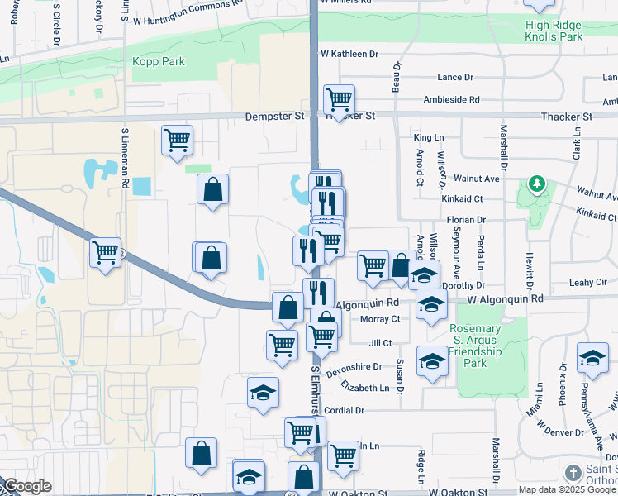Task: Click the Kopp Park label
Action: (159, 62)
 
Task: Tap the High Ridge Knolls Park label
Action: (554, 31)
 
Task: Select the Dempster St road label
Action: (274, 117)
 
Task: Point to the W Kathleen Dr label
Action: (349, 54)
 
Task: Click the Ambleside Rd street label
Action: (451, 100)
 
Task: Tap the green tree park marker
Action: (537, 182)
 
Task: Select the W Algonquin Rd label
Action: (505, 298)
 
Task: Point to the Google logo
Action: (26, 486)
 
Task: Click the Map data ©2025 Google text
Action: (567, 489)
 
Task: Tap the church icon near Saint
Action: (573, 473)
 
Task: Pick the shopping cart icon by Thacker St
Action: (339, 100)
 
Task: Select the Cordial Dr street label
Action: (344, 410)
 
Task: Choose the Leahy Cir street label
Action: (588, 282)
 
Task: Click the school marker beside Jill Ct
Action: (432, 362)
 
